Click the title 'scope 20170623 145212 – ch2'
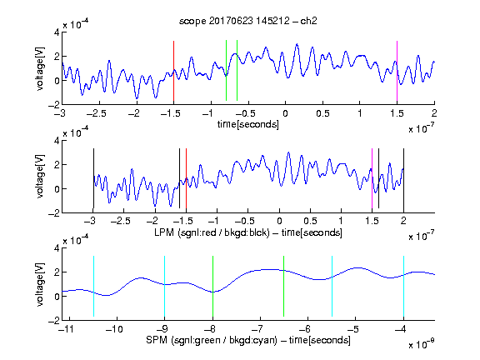(x=248, y=21)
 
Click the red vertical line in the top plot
(x=173, y=71)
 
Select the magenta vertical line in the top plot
(x=397, y=71)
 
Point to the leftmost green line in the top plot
(x=226, y=70)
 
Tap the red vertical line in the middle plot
(x=186, y=178)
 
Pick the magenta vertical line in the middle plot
(x=372, y=178)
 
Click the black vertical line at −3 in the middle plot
(x=93, y=178)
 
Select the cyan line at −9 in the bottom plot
(x=165, y=286)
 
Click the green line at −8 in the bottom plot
(x=212, y=286)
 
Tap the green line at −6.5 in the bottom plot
(x=284, y=286)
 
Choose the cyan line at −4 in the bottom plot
(x=403, y=286)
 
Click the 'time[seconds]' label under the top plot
(x=248, y=124)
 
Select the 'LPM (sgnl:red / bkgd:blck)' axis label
(x=212, y=232)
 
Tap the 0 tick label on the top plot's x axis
(x=285, y=113)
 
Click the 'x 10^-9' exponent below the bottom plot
(x=421, y=343)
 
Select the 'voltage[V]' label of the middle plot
(x=40, y=177)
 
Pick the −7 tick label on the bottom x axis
(x=258, y=329)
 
